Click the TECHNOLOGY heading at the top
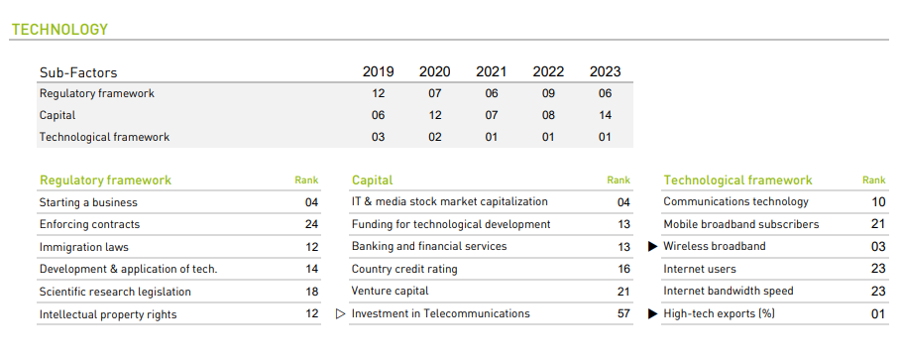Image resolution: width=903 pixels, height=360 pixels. pyautogui.click(x=58, y=30)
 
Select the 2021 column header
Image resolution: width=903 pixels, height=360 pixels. pyautogui.click(x=491, y=71)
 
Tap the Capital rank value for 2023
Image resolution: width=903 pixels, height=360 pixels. pyautogui.click(x=605, y=115)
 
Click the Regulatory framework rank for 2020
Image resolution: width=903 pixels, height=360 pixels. pyautogui.click(x=434, y=93)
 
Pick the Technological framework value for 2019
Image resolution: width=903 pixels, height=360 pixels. pyautogui.click(x=378, y=137)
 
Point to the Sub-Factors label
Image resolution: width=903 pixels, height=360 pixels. pyautogui.click(x=78, y=72)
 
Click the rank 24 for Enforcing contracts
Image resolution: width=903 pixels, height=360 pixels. pyautogui.click(x=311, y=224)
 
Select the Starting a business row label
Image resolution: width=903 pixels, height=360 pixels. pyautogui.click(x=88, y=202)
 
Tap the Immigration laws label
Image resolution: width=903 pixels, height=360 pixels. pyautogui.click(x=83, y=247)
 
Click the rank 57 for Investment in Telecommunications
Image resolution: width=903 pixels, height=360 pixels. pyautogui.click(x=623, y=313)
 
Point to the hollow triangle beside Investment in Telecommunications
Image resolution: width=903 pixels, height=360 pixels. pyautogui.click(x=341, y=313)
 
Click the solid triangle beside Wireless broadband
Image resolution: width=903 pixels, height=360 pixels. pyautogui.click(x=652, y=247)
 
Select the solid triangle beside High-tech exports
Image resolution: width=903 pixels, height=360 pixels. pyautogui.click(x=652, y=313)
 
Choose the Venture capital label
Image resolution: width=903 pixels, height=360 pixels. pyautogui.click(x=390, y=292)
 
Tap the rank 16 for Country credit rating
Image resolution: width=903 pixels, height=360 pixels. pyautogui.click(x=623, y=269)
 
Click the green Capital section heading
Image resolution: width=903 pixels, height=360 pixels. pyautogui.click(x=372, y=180)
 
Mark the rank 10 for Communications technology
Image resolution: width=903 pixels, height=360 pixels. pyautogui.click(x=878, y=202)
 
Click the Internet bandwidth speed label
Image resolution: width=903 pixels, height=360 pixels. pyautogui.click(x=728, y=292)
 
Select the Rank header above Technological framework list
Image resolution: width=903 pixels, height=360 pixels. pyautogui.click(x=873, y=180)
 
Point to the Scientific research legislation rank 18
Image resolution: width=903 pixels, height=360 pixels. pyautogui.click(x=311, y=292)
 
